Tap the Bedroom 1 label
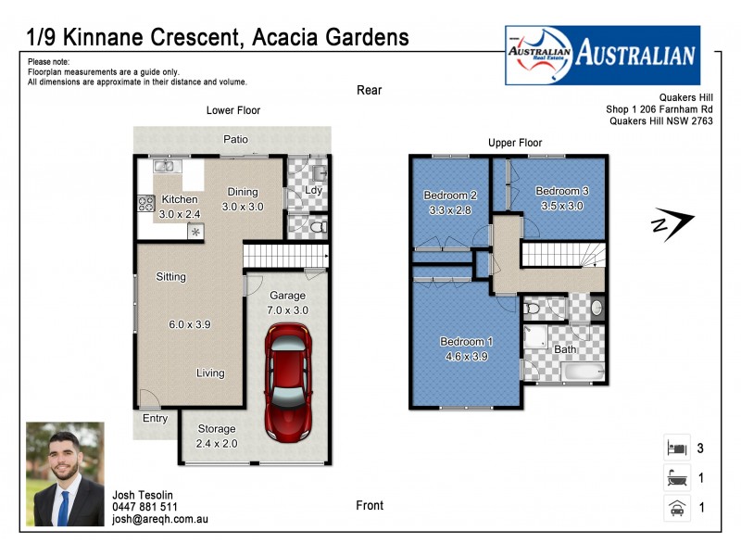[x=465, y=342]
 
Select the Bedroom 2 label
[x=450, y=196]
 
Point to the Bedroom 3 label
[x=561, y=191]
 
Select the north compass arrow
[x=672, y=224]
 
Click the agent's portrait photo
[x=65, y=474]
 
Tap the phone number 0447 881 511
[x=144, y=507]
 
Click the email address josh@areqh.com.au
[x=160, y=520]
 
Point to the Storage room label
[x=216, y=429]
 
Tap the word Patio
[x=235, y=139]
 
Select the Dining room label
[x=244, y=192]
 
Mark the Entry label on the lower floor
[x=155, y=419]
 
